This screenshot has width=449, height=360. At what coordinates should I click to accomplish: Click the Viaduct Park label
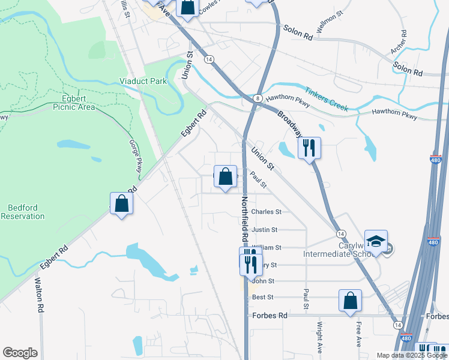[x=143, y=80]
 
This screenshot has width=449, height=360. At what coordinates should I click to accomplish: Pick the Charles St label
[x=266, y=212]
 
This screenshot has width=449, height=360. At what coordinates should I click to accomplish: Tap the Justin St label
[x=264, y=230]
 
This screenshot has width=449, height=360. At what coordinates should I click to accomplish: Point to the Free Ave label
[x=358, y=335]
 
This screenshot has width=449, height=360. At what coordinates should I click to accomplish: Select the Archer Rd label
[x=399, y=42]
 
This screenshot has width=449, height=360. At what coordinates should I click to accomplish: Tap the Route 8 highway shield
[x=257, y=98]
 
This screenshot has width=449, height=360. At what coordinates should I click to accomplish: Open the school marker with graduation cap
[x=376, y=242]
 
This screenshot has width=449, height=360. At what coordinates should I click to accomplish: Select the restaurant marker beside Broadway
[x=309, y=148]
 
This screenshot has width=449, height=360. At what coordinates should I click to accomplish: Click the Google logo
[x=20, y=353]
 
